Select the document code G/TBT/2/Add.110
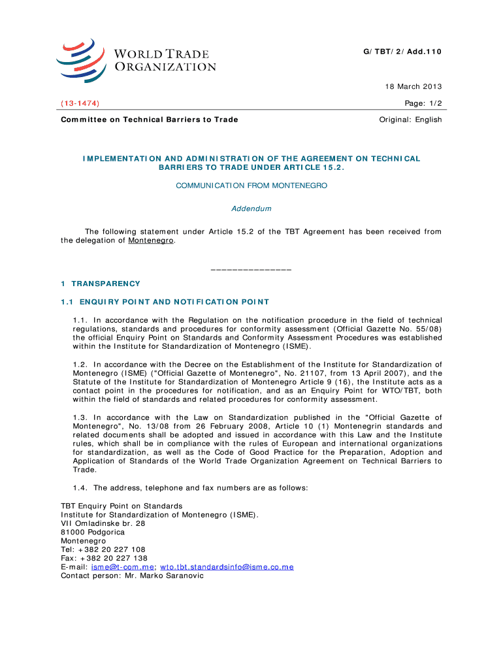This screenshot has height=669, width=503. tap(403, 51)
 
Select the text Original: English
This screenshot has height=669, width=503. tap(411, 120)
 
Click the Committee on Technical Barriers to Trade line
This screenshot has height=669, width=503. tap(150, 120)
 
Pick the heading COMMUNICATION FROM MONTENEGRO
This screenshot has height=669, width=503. tap(252, 186)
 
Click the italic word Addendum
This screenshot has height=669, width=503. tap(252, 209)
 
